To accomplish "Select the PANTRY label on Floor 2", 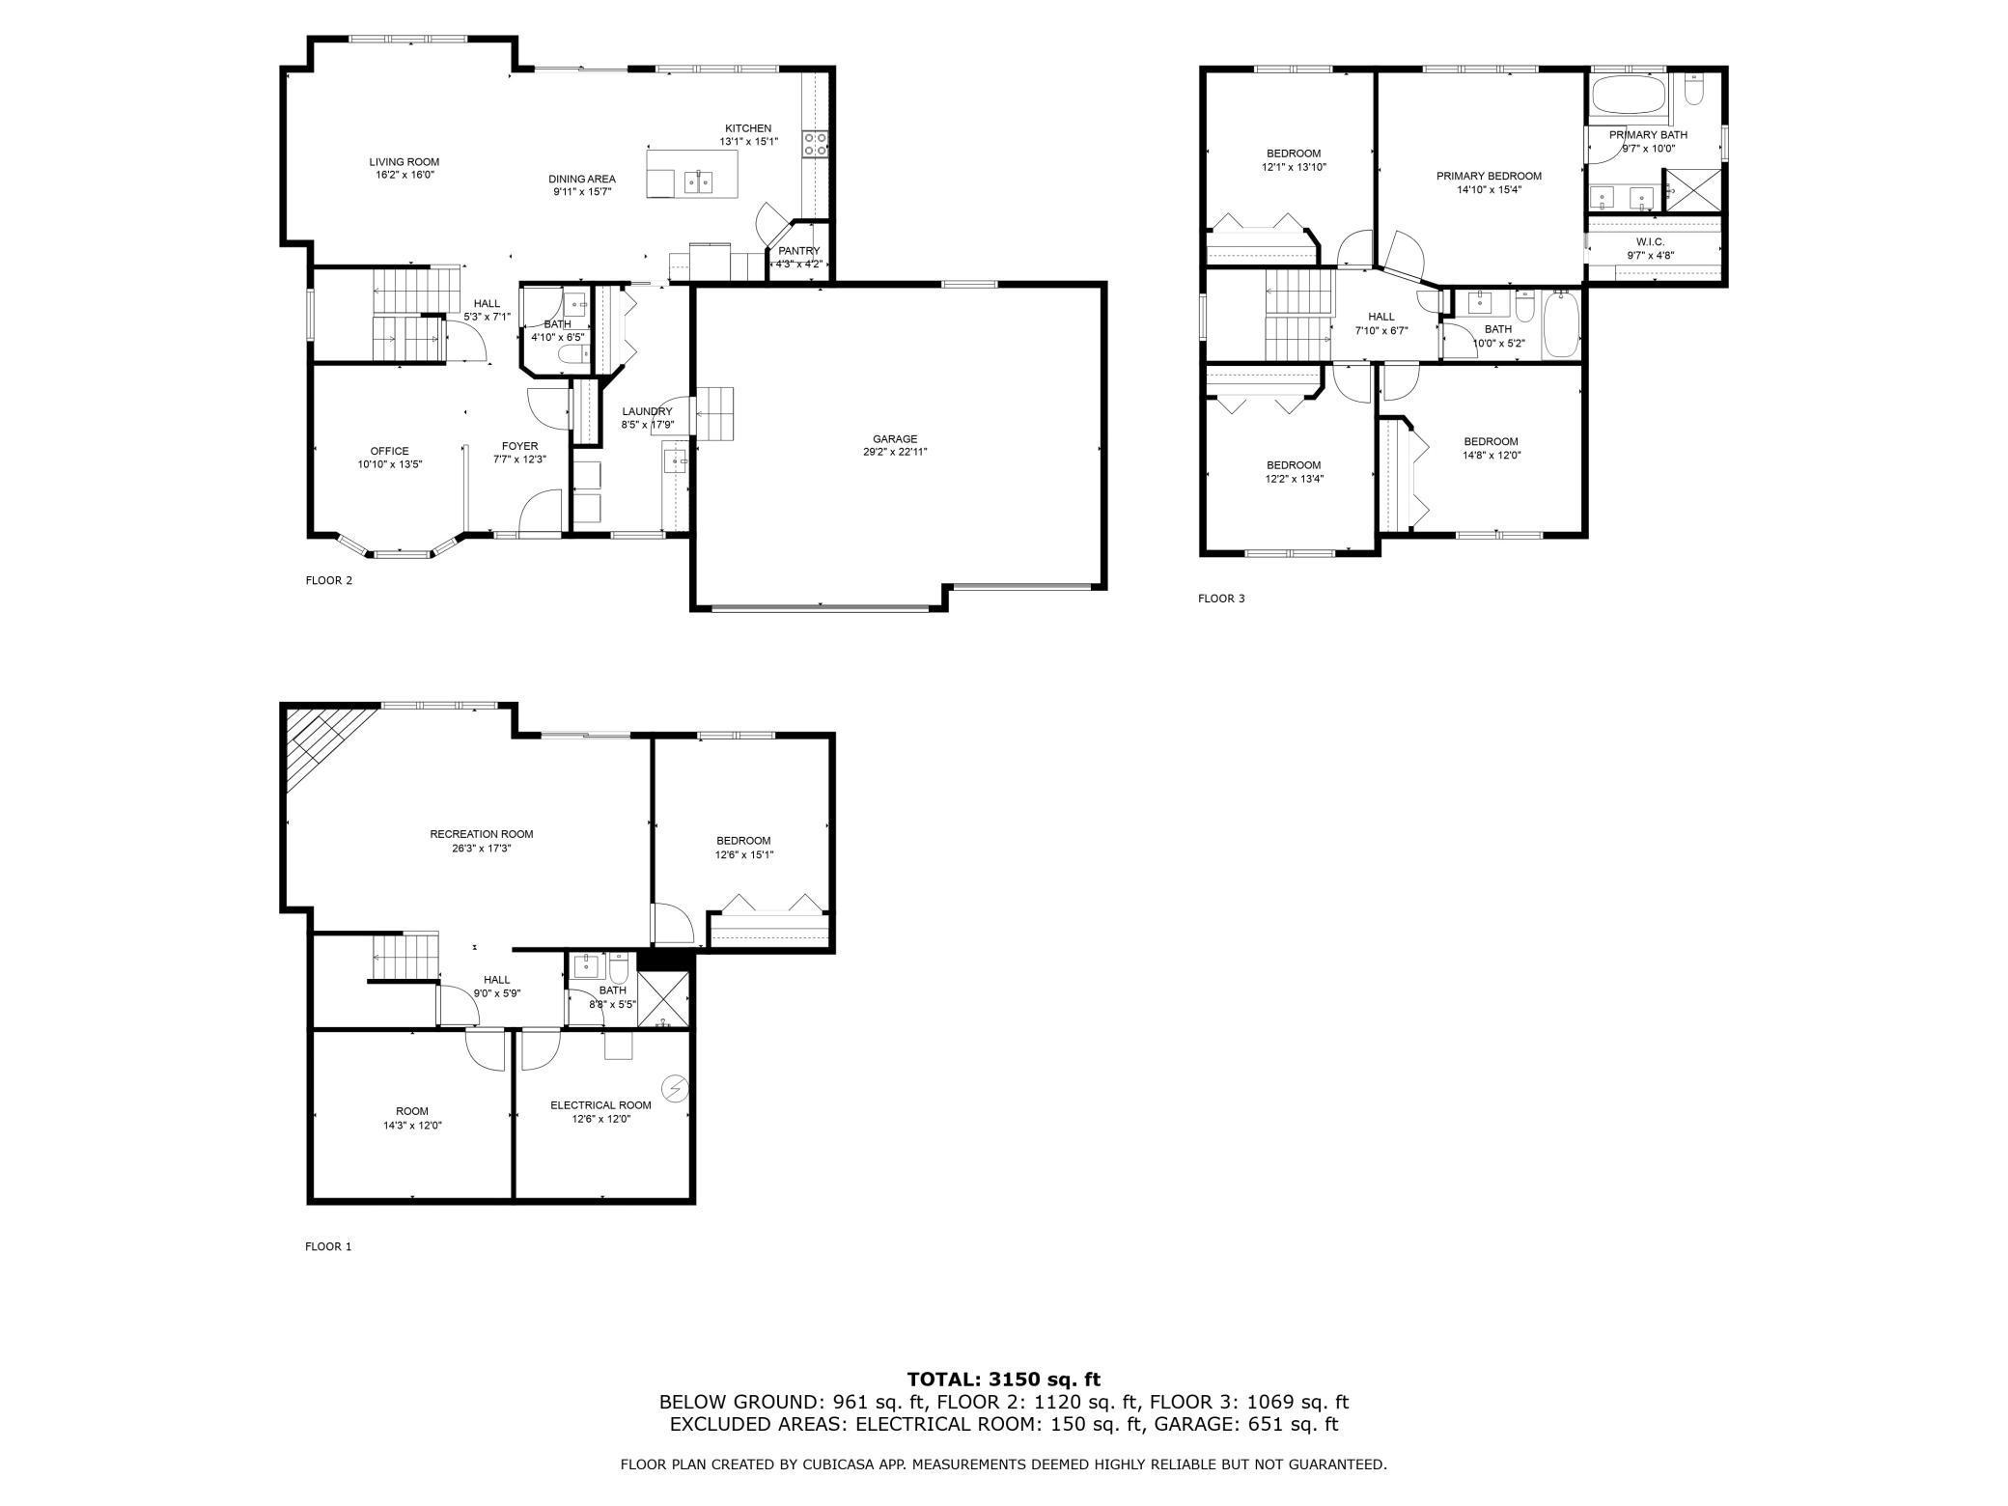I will coord(798,251).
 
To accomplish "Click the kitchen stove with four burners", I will coord(816,145).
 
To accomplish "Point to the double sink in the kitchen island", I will coord(698,181).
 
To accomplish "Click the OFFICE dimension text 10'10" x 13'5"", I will coord(389,464).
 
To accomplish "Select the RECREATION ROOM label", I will coord(481,834).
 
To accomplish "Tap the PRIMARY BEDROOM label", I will coord(1489,176).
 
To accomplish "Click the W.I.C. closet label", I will coord(1650,241).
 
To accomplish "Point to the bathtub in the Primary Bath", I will coord(1627,97).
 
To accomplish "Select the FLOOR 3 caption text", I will coord(1221,599).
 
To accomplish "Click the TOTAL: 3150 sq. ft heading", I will coord(1003,1380).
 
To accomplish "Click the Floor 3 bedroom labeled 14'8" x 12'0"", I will coord(1490,448).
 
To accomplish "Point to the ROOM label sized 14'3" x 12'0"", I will coord(411,1111).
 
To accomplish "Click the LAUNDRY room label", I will coord(647,411).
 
